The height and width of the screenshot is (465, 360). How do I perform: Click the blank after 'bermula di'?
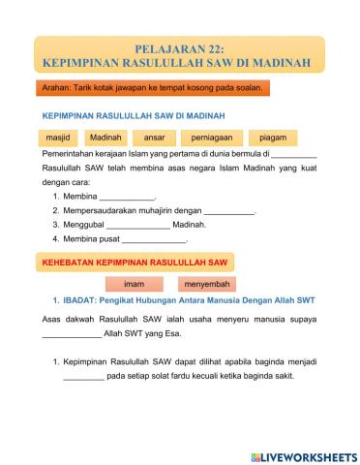(294, 155)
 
